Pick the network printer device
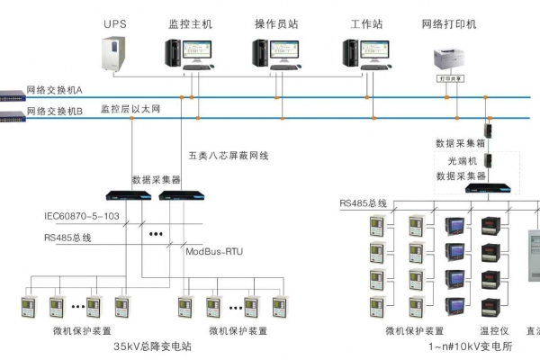(x=456, y=60)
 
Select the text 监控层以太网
(x=130, y=108)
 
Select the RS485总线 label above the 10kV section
(x=363, y=203)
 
